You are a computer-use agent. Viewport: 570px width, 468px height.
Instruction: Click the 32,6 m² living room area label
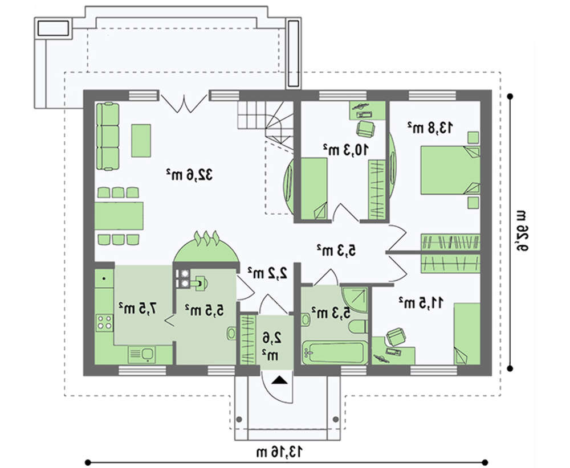tap(189, 175)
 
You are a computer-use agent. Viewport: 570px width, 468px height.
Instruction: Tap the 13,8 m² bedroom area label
tap(430, 128)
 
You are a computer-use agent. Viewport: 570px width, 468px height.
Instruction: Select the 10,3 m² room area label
tap(346, 150)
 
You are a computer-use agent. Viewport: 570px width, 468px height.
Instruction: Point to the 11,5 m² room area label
tap(421, 302)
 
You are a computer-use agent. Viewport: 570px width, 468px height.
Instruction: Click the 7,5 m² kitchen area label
tap(139, 308)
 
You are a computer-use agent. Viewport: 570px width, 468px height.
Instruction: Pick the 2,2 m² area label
tap(267, 273)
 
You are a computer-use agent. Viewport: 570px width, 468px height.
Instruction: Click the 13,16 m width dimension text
tap(279, 452)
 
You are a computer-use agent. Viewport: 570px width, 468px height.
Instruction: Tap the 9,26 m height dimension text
tap(521, 230)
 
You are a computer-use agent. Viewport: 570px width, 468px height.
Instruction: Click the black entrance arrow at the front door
tap(279, 380)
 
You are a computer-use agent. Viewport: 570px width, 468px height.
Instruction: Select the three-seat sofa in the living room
tap(107, 136)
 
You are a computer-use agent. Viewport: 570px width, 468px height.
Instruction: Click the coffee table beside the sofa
tap(141, 141)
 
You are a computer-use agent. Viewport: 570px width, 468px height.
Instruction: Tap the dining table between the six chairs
tap(119, 216)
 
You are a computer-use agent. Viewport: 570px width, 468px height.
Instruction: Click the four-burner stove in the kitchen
tap(104, 322)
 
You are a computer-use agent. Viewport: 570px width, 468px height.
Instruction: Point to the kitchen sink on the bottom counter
tap(142, 354)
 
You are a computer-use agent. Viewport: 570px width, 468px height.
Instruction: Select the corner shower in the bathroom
tap(355, 299)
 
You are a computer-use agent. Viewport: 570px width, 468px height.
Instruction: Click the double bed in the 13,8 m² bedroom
tap(450, 170)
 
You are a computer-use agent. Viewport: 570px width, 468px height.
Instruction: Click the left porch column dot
tap(239, 420)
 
